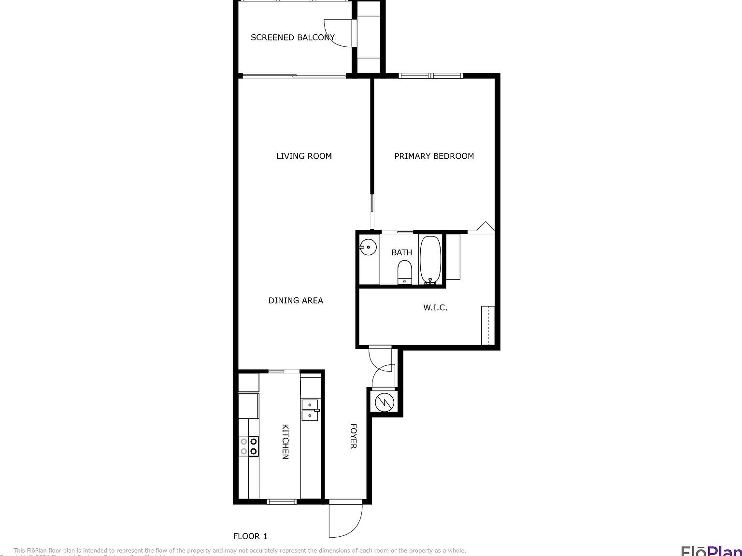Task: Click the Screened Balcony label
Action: (292, 37)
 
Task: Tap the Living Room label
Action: (304, 156)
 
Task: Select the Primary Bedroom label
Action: (434, 156)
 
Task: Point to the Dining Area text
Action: (296, 300)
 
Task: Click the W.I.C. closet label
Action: (435, 307)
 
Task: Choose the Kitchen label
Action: (285, 442)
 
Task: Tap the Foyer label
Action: (353, 436)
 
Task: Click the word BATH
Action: (401, 252)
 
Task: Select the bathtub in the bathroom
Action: (430, 259)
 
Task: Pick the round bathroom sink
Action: (368, 247)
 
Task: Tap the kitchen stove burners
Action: (248, 446)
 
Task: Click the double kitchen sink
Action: (310, 410)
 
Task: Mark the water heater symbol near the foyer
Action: (385, 402)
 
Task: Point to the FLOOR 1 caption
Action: (250, 536)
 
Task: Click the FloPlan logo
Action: (711, 550)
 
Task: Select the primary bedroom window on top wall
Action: (431, 75)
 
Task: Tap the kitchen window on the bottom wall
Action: (282, 502)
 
